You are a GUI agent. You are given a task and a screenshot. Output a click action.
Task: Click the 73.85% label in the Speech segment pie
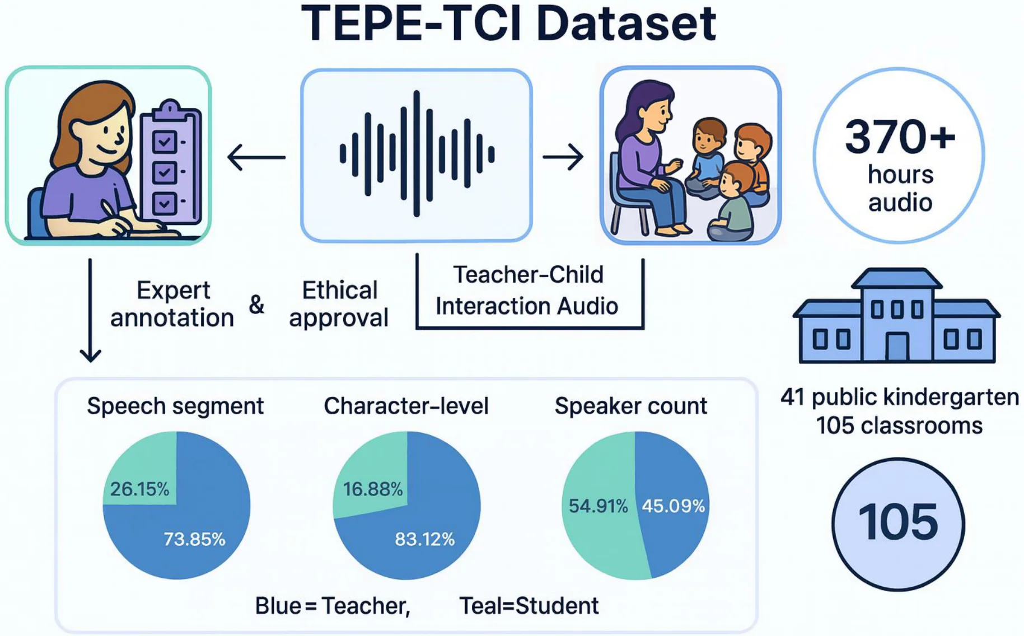[x=194, y=539]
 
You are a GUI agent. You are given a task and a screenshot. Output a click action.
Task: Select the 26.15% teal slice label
[x=139, y=489]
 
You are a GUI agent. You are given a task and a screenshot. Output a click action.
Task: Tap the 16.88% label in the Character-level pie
[x=373, y=489]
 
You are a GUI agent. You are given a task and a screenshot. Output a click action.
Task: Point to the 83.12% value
[x=424, y=539]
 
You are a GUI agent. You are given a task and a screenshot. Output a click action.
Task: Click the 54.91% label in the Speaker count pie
[x=598, y=506]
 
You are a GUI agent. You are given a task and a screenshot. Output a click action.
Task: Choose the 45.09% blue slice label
[x=673, y=506]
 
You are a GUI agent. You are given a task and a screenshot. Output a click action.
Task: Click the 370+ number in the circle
[x=900, y=137]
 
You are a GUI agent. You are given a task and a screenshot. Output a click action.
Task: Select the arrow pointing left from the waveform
[x=256, y=157]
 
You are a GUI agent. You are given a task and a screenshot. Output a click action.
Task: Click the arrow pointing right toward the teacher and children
[x=563, y=157]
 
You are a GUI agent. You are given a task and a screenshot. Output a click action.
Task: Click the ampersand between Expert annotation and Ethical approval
[x=256, y=305]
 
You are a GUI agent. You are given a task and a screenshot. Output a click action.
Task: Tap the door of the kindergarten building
[x=897, y=347]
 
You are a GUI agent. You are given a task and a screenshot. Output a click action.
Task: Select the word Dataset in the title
[x=626, y=24]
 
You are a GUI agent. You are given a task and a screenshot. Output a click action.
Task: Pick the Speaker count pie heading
[x=630, y=406]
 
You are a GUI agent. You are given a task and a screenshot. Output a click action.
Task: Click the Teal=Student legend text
[x=529, y=606]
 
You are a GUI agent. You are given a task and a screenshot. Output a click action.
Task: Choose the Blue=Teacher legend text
[x=333, y=606]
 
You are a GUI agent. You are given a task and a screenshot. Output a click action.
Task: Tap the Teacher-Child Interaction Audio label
[x=527, y=291]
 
